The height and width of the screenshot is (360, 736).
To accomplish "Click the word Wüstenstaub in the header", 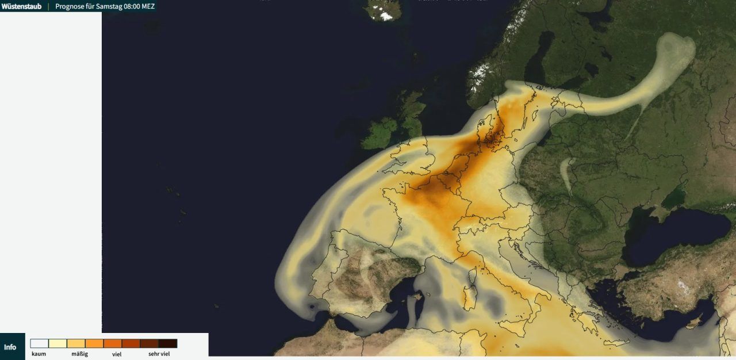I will [x=21, y=6].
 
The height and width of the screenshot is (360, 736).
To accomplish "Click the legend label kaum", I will [x=39, y=354].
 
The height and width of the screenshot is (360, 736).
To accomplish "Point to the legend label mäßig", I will [x=80, y=354].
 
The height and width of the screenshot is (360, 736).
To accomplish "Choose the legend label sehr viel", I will [x=159, y=354].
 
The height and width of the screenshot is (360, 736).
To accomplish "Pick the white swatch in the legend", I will [x=39, y=343].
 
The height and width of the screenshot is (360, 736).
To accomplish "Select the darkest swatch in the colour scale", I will [x=168, y=343].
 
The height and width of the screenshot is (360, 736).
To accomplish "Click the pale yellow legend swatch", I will [x=57, y=343].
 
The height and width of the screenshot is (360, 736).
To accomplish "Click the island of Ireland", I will [x=380, y=133].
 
